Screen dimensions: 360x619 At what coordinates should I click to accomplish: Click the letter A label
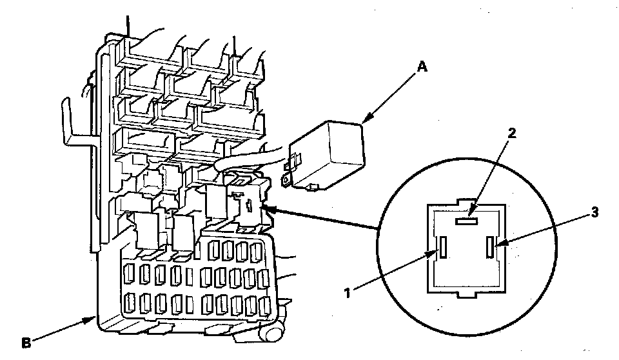pos(423,66)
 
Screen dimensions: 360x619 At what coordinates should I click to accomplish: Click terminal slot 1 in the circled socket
pos(444,247)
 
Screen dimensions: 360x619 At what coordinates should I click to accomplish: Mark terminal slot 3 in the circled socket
pos(491,246)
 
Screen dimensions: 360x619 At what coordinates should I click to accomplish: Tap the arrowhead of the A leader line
pos(365,119)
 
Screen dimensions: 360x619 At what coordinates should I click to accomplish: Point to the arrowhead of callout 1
pos(435,252)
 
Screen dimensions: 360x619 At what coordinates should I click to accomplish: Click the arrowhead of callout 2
pos(473,214)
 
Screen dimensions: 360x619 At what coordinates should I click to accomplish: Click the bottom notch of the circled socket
pos(467,295)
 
